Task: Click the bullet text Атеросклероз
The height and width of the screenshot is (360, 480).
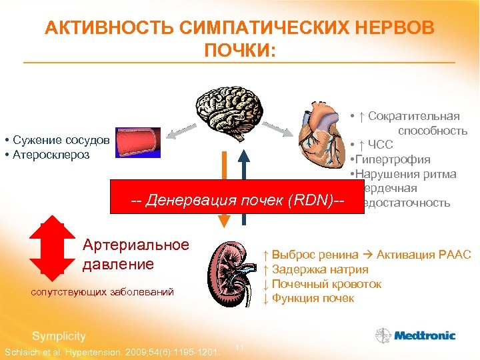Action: click(51, 154)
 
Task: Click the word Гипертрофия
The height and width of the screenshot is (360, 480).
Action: click(394, 159)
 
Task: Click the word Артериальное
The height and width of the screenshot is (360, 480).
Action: click(135, 245)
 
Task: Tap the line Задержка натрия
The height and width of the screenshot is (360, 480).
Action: click(320, 269)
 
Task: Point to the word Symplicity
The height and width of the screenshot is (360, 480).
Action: click(59, 336)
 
